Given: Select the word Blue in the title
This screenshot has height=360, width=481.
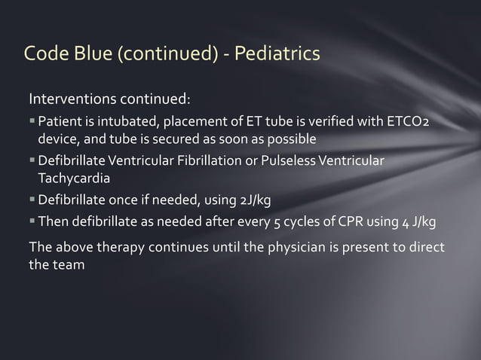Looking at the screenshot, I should [93, 54].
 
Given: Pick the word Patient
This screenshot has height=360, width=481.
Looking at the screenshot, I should [60, 122].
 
